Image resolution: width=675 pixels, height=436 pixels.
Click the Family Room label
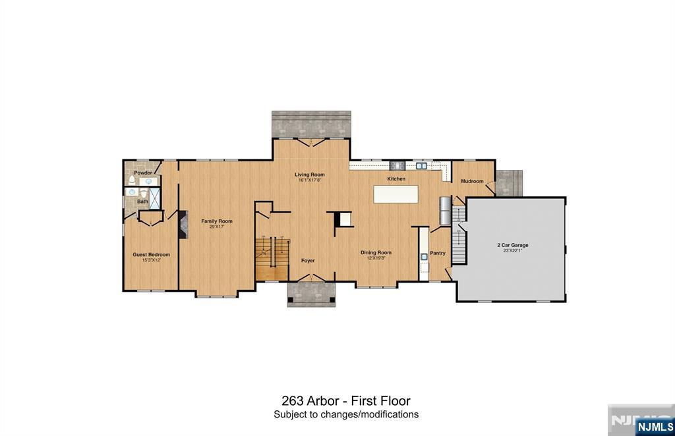[217, 221]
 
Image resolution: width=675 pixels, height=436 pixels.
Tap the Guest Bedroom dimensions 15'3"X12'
[151, 260]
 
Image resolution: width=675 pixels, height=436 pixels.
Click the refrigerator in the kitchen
[446, 211]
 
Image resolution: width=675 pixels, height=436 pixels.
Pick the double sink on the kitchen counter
[421, 166]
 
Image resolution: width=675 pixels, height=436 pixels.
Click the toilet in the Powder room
[132, 180]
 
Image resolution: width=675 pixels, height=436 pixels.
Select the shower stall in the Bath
[155, 198]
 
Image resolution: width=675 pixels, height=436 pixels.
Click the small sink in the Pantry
[424, 258]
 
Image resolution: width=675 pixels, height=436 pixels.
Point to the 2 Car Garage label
[512, 245]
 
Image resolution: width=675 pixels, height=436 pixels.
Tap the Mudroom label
[472, 181]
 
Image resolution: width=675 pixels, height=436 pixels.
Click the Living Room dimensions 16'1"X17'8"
[309, 180]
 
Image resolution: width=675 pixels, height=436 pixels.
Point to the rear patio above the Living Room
[310, 124]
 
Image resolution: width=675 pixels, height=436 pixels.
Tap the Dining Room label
[375, 252]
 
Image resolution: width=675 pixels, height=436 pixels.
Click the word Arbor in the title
[323, 400]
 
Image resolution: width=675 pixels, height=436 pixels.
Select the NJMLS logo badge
[654, 425]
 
